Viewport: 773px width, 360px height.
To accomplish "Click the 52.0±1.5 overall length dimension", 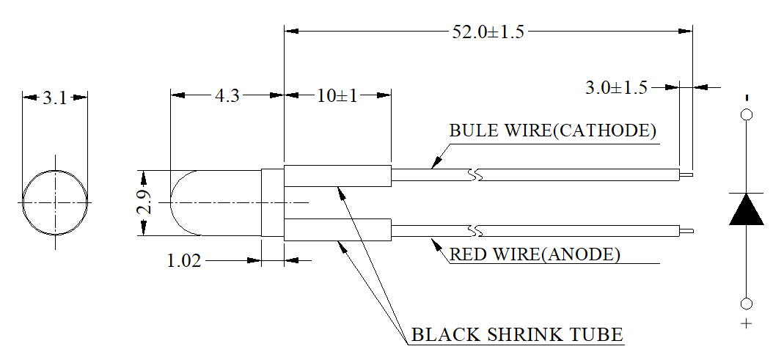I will [488, 32].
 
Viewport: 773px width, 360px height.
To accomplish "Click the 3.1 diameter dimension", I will [54, 98].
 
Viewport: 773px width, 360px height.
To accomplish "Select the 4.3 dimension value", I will [228, 95].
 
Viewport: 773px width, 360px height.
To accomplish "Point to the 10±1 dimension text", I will [337, 95].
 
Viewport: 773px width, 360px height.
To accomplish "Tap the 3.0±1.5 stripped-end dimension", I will [616, 88].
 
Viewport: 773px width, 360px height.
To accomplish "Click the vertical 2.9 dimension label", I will [145, 203].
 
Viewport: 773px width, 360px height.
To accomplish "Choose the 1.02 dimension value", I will [184, 260].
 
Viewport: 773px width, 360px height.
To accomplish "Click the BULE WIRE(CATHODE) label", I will [552, 131].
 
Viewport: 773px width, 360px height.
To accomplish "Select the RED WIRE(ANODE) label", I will [535, 255].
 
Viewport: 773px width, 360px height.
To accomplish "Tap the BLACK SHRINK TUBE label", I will [517, 336].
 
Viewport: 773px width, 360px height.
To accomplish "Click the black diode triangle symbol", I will [747, 209].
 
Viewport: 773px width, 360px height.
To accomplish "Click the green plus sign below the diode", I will [747, 323].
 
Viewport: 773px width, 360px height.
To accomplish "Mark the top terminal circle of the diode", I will [747, 114].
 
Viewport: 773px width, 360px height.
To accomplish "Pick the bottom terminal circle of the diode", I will [747, 304].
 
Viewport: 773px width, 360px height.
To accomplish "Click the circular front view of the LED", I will [55, 202].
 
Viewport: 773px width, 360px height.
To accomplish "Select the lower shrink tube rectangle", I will [337, 230].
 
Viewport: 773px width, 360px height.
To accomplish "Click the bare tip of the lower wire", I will [687, 231].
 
